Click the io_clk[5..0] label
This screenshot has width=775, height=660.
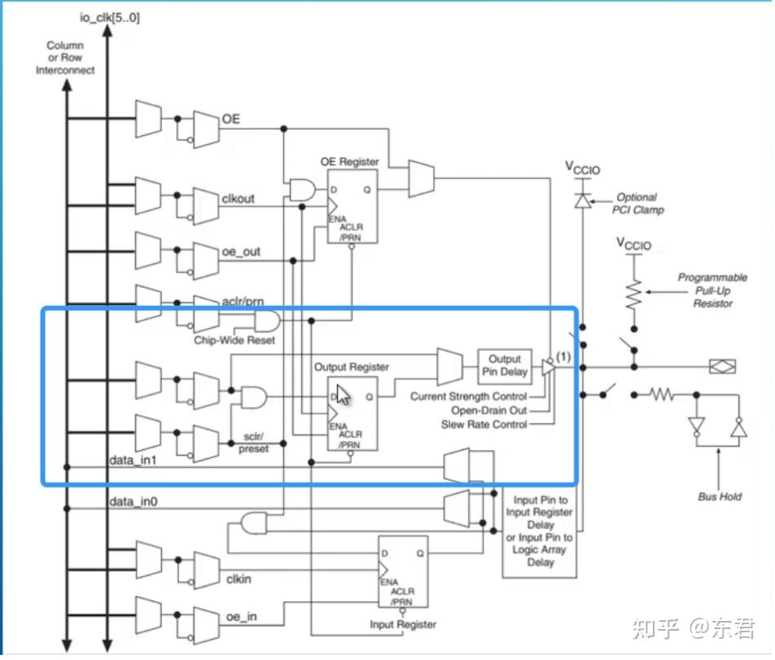(x=109, y=17)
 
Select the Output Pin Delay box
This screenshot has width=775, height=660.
(x=504, y=365)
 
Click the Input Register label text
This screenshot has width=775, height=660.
(x=403, y=624)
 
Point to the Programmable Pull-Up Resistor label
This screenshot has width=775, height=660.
(x=712, y=291)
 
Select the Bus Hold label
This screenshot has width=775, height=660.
(x=720, y=496)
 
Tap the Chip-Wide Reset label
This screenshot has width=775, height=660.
(x=234, y=340)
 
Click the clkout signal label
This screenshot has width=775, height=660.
(x=239, y=197)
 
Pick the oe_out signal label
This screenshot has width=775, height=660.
(x=241, y=251)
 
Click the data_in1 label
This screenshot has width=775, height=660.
(x=134, y=461)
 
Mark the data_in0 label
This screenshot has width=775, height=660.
(x=134, y=502)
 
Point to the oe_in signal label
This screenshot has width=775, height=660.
(x=241, y=617)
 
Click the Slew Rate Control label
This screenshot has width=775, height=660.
(x=484, y=425)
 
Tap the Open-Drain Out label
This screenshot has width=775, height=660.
(x=489, y=411)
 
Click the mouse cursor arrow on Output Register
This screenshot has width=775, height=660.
(x=344, y=396)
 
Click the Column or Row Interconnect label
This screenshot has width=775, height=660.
(x=65, y=58)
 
